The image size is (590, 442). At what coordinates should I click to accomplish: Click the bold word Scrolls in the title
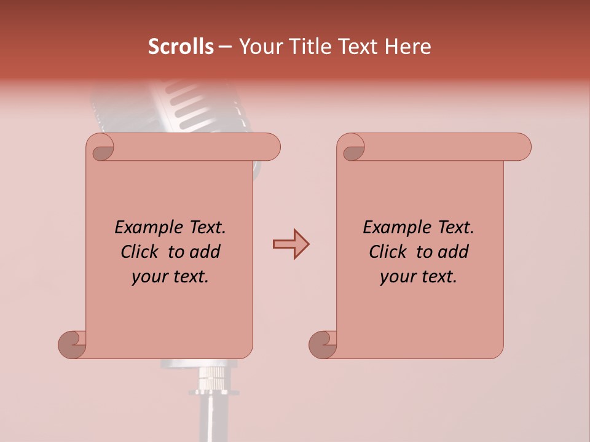pyautogui.click(x=181, y=47)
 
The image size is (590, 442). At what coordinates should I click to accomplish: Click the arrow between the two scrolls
pyautogui.click(x=291, y=244)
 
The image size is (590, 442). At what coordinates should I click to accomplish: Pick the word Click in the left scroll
pyautogui.click(x=139, y=252)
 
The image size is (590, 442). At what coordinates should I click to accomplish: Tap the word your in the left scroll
pyautogui.click(x=149, y=277)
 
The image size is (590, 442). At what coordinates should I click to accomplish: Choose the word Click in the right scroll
pyautogui.click(x=387, y=252)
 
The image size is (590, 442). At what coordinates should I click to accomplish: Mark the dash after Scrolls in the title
pyautogui.click(x=226, y=47)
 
